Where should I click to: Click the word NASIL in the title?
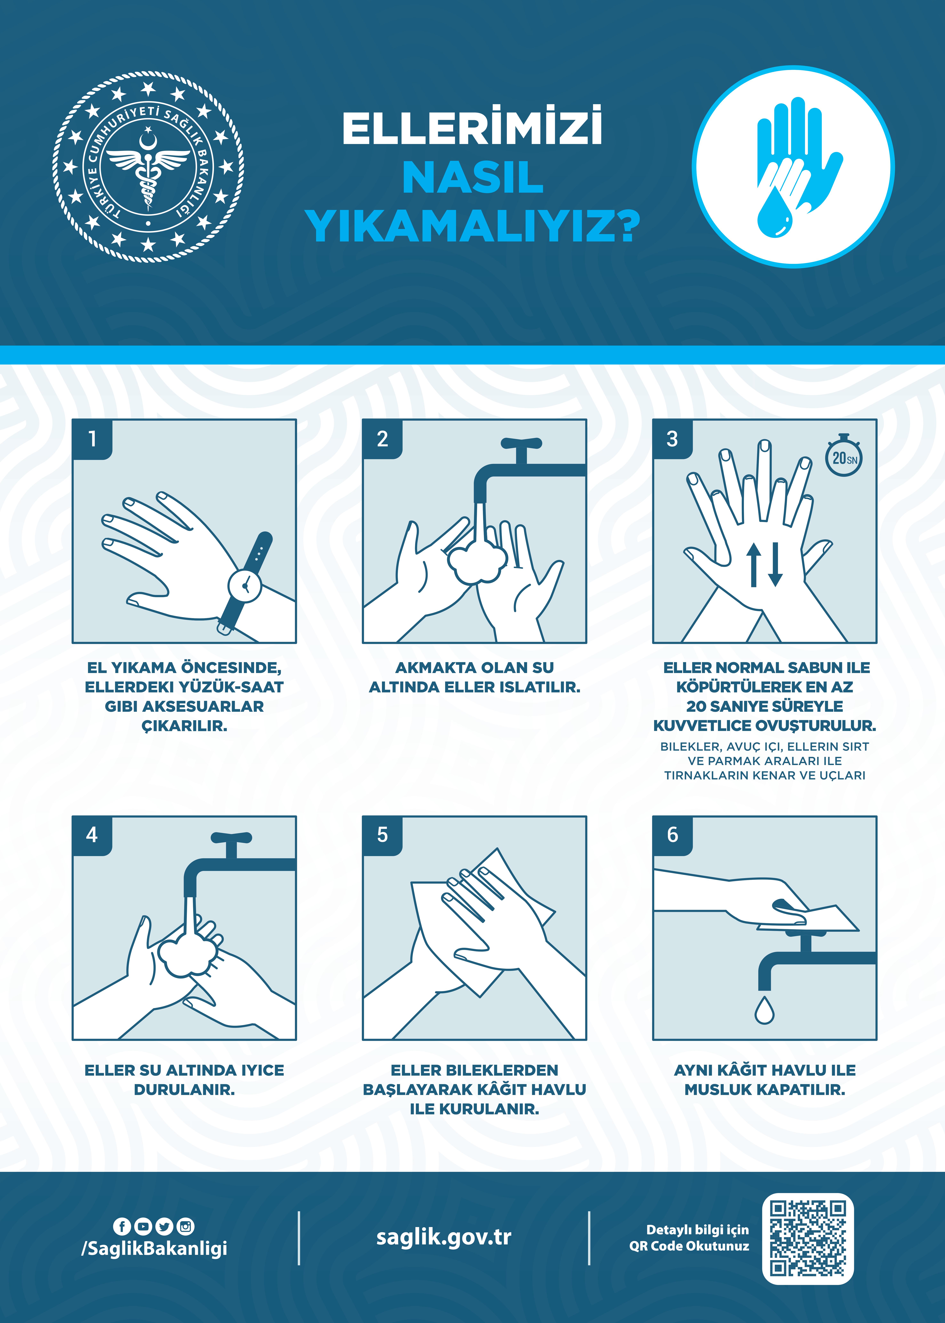pyautogui.click(x=473, y=177)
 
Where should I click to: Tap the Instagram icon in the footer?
pyautogui.click(x=186, y=1226)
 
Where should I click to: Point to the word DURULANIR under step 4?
pyautogui.click(x=184, y=1090)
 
